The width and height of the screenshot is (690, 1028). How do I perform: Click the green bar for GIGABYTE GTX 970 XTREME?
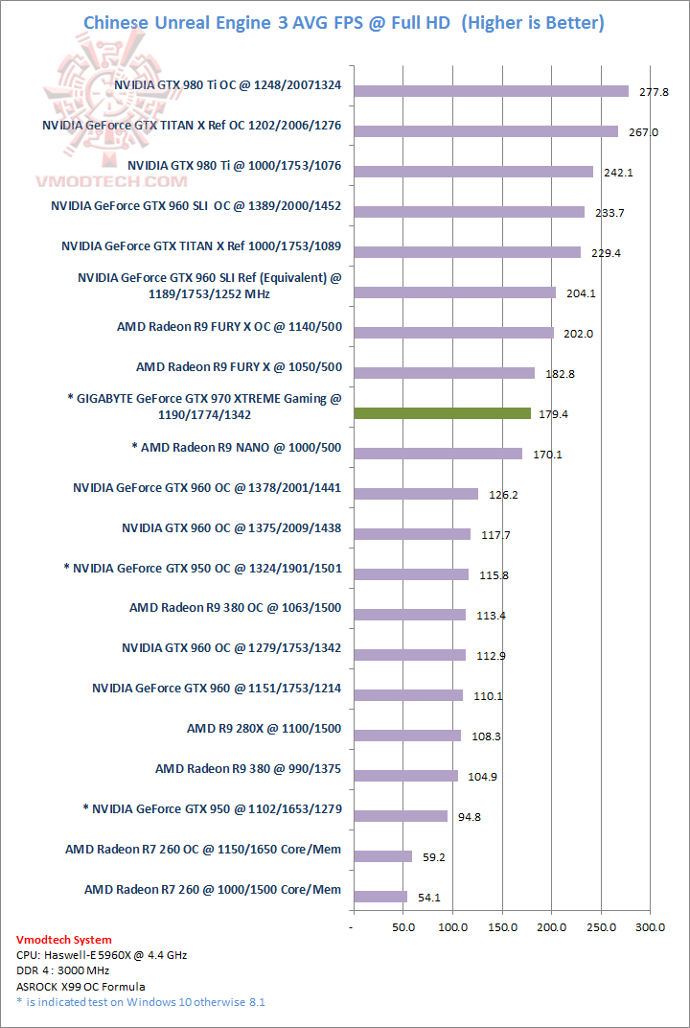pos(442,413)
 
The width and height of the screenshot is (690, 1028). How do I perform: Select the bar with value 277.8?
pos(491,91)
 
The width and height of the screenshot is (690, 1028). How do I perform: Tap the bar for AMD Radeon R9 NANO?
pos(438,454)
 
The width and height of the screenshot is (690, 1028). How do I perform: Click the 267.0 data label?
pos(642,132)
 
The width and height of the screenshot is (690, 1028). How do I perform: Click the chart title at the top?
pos(344,22)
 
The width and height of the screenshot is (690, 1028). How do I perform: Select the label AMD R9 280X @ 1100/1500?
pos(264,729)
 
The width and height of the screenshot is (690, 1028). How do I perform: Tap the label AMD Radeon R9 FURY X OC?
pos(229,327)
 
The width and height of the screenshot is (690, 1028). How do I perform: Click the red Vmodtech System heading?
pos(64,940)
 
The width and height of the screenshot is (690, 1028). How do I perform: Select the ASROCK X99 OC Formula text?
pos(81,986)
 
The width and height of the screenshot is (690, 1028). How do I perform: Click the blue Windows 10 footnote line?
pos(141,1002)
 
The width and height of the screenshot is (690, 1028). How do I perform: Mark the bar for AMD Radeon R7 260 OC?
pos(382,856)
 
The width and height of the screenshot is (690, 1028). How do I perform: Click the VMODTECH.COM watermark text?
pos(98,180)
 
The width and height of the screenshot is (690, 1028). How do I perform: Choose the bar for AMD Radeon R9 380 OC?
pos(409,615)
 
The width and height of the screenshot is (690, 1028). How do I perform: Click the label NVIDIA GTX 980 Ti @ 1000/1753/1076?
pos(234,166)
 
